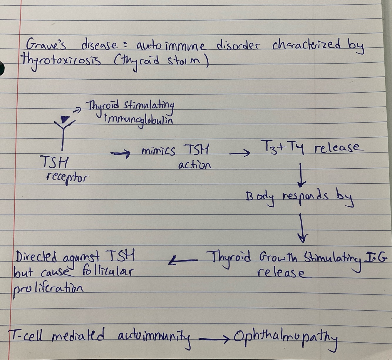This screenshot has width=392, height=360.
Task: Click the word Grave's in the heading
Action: point(46,46)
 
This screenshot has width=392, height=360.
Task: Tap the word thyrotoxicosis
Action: point(60,61)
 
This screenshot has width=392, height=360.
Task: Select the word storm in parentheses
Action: point(185,62)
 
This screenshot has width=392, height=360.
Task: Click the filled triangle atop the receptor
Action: point(64,119)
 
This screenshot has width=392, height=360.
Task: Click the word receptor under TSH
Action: point(67,177)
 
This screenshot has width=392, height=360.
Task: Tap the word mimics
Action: point(158,151)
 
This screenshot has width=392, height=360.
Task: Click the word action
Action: point(195,165)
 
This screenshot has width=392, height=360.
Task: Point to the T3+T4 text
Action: point(282,146)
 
